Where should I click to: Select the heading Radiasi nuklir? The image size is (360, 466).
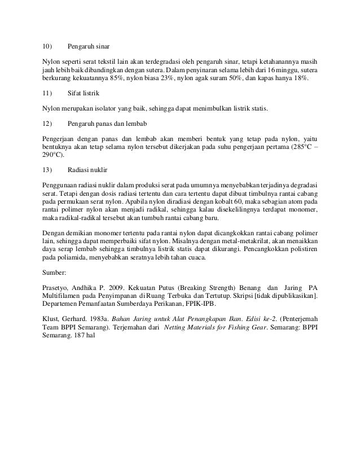tap(87, 169)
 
